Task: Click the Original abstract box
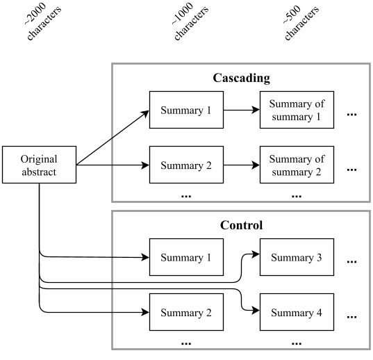tap(39, 165)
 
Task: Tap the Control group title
tap(240, 226)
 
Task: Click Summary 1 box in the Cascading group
tap(186, 110)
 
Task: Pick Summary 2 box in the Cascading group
tap(186, 165)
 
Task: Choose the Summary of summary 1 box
tap(297, 110)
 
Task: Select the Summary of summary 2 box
tap(297, 165)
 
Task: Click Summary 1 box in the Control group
tap(186, 258)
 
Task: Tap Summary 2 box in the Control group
tap(186, 313)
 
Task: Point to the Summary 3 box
tap(297, 258)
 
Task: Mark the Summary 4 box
tap(297, 313)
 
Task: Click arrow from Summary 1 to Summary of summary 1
tap(241, 110)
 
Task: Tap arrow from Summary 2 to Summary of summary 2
tap(241, 165)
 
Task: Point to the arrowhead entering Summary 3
tap(256, 254)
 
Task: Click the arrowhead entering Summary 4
tap(256, 312)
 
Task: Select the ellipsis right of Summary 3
tap(351, 261)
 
